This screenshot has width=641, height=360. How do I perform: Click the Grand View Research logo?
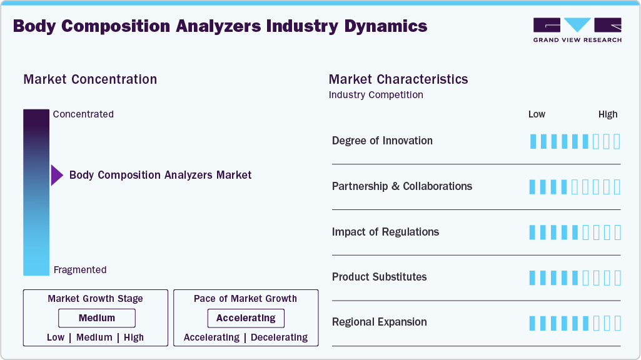[577, 30]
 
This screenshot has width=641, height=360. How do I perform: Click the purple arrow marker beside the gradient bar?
[57, 176]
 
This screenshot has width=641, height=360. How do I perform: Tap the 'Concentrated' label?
[83, 114]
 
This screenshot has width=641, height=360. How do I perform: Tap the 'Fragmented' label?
[80, 270]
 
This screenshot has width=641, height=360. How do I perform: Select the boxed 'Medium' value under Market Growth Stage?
[97, 318]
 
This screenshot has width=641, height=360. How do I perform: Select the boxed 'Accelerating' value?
[246, 318]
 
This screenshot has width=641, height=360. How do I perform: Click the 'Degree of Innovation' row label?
[382, 141]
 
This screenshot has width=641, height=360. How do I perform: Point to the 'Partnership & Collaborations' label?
[402, 186]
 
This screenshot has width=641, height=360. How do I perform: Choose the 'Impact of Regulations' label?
[385, 232]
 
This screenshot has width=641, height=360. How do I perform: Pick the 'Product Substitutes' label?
[379, 277]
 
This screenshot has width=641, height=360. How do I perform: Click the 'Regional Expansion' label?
[380, 322]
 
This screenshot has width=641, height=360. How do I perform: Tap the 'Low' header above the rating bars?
[537, 114]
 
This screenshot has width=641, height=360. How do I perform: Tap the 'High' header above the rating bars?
[608, 114]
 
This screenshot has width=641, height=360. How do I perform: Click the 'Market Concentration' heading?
[90, 79]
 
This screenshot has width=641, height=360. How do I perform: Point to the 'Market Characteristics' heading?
[398, 79]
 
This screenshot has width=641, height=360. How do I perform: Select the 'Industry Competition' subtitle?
[376, 95]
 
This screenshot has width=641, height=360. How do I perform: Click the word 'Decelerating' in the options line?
[279, 337]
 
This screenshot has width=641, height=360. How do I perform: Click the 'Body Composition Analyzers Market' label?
[160, 175]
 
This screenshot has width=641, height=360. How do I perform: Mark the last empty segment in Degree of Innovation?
[617, 141]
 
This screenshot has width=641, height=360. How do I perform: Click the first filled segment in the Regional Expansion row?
[533, 323]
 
